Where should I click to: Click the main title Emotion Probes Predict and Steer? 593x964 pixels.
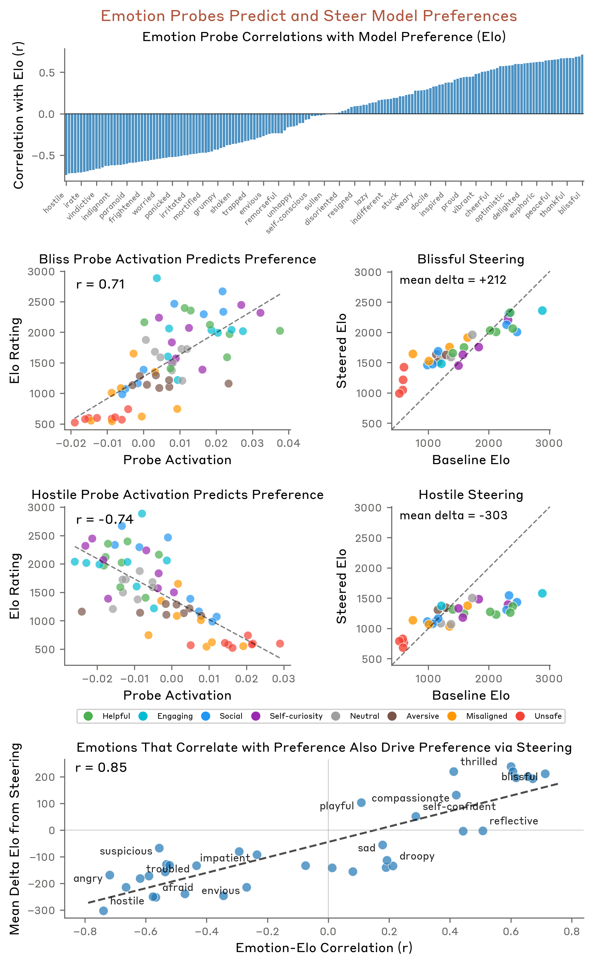tap(309, 16)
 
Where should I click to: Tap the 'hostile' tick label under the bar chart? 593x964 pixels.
tap(54, 203)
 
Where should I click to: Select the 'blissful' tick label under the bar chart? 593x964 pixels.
tap(570, 204)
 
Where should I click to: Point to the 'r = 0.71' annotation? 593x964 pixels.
tap(101, 284)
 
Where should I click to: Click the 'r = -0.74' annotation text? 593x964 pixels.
tap(105, 520)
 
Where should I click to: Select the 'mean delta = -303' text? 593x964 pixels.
tap(453, 515)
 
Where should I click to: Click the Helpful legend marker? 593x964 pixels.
tap(88, 716)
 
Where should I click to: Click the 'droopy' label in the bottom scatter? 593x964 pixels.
tap(417, 856)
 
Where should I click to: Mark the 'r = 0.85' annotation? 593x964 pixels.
tap(101, 768)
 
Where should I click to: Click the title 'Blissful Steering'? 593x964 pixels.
tap(471, 259)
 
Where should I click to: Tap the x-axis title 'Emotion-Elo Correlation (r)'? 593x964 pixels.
tap(324, 948)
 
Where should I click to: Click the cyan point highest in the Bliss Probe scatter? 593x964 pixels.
tap(157, 278)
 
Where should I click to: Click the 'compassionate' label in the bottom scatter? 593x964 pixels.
tap(410, 798)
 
